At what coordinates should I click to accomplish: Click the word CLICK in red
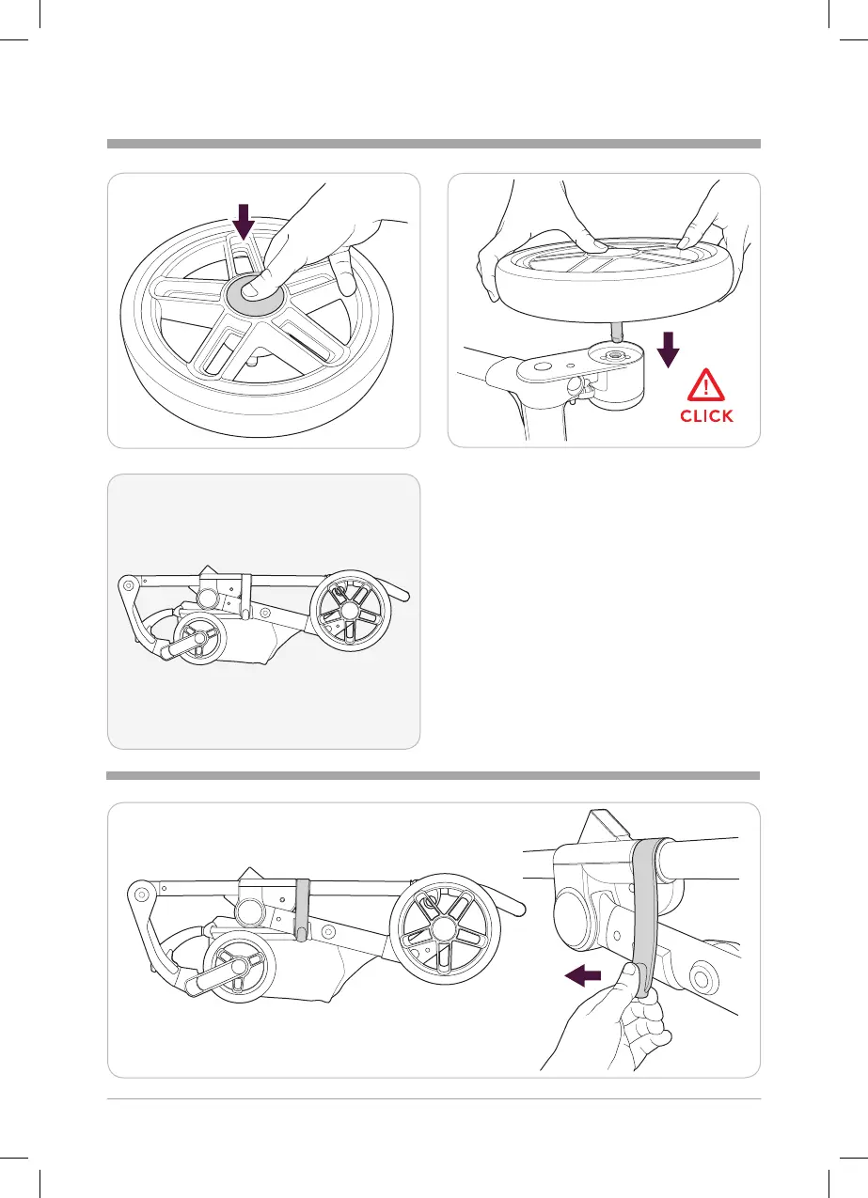point(706,415)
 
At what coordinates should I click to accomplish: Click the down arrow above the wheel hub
point(243,221)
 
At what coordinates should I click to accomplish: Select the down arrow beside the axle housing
point(668,350)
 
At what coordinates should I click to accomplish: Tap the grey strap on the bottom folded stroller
point(302,908)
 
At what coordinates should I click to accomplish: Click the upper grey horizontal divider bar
point(434,144)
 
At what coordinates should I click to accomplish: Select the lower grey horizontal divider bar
point(434,776)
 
